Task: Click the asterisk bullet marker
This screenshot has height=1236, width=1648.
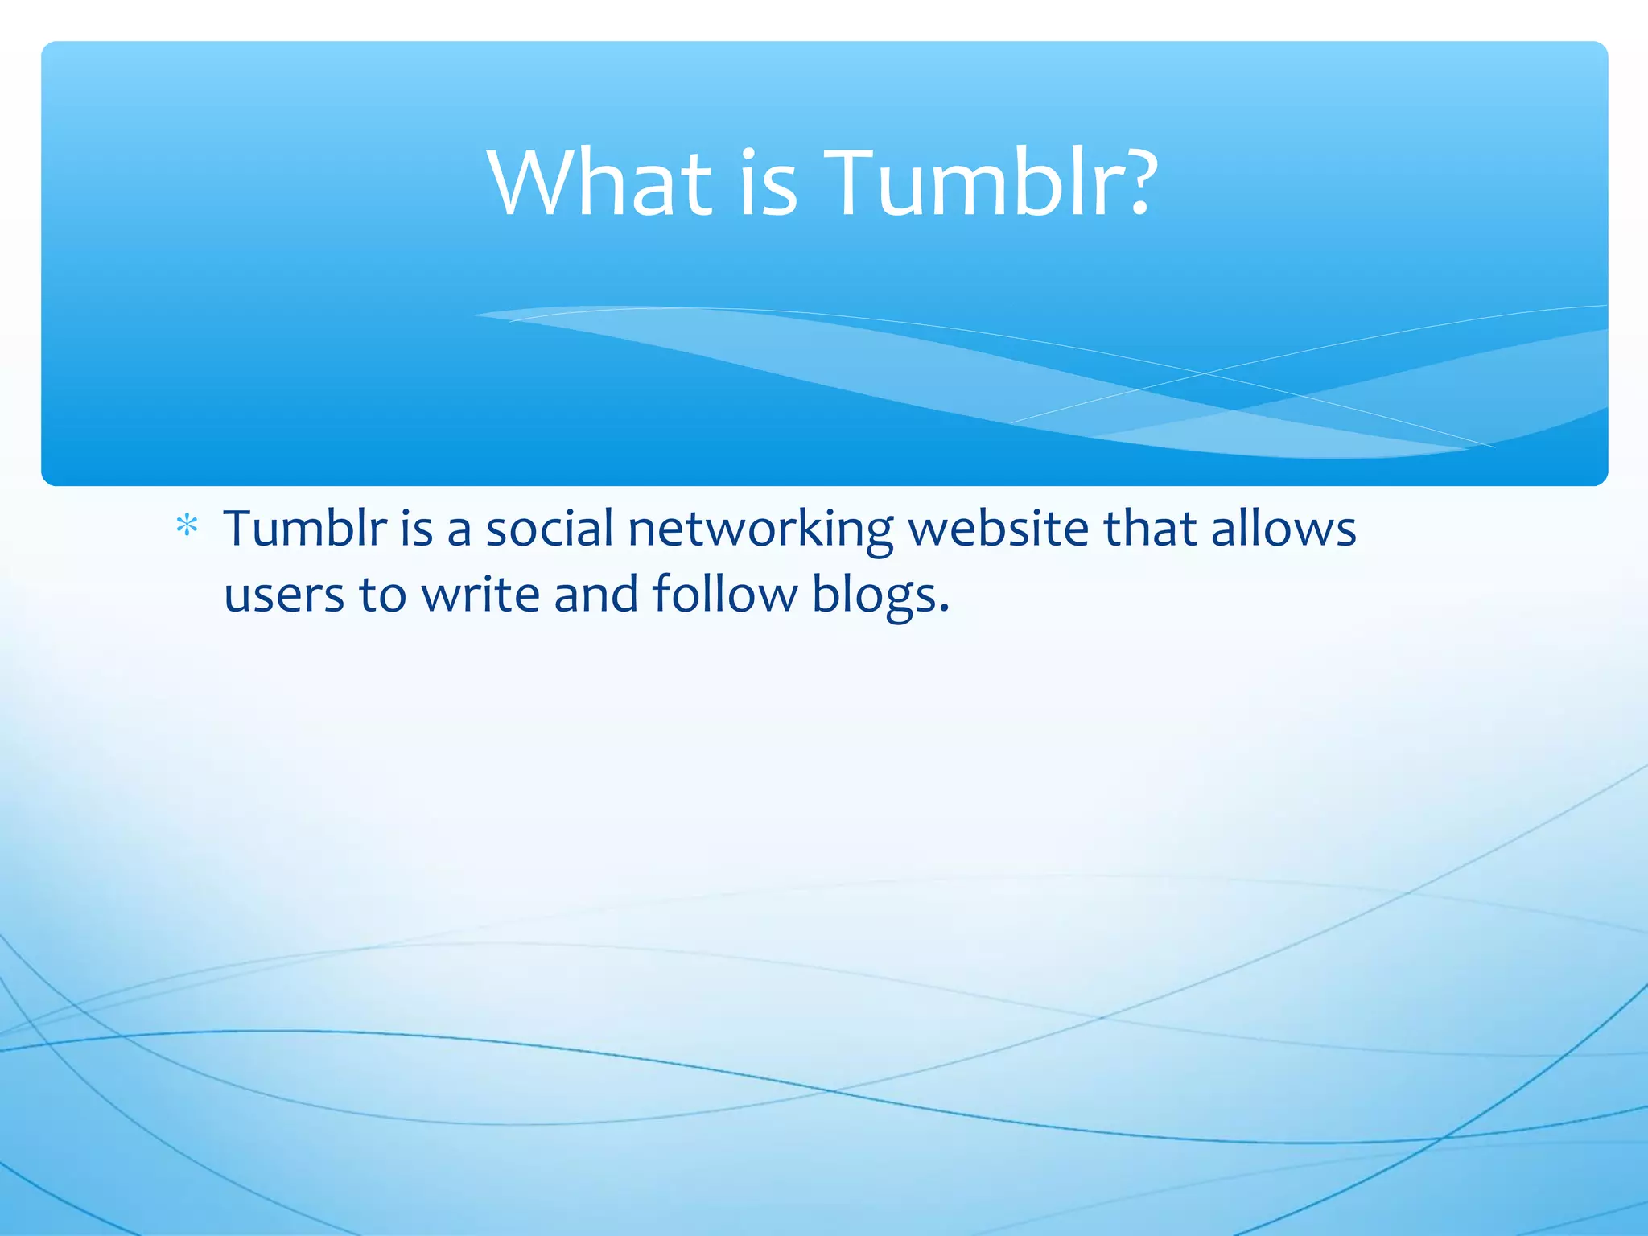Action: pos(187,527)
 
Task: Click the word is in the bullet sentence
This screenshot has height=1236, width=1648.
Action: pos(417,529)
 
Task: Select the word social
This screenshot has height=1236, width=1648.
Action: pos(550,529)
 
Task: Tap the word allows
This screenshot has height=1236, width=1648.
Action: pos(1283,529)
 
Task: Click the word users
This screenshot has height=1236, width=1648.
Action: pos(284,595)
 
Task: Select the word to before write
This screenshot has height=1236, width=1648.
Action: pos(382,595)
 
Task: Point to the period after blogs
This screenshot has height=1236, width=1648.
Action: pos(944,608)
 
